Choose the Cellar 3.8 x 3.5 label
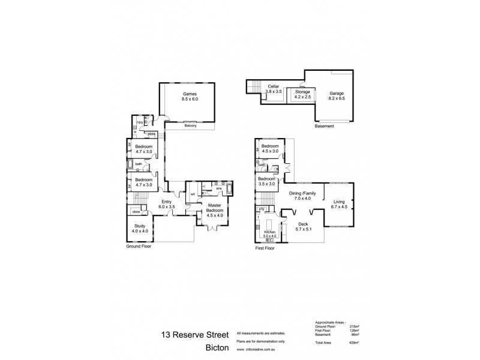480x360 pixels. tap(274, 89)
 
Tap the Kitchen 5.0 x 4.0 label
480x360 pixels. tap(270, 233)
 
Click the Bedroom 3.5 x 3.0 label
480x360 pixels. tap(266, 181)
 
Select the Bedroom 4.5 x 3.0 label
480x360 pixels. tap(270, 148)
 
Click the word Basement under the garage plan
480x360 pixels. tap(325, 127)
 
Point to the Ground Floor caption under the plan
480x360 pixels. tap(139, 246)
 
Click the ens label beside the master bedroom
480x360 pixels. tap(219, 188)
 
